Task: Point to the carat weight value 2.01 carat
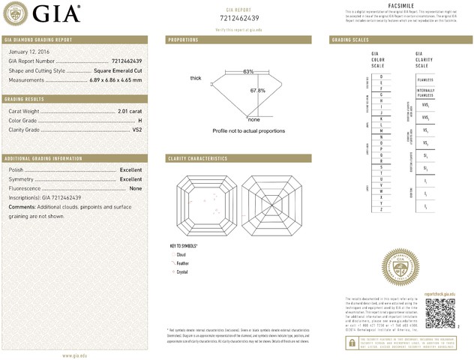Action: pyautogui.click(x=130, y=111)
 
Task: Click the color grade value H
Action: pyautogui.click(x=139, y=120)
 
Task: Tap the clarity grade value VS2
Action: pyautogui.click(x=137, y=130)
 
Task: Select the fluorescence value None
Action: pyautogui.click(x=135, y=189)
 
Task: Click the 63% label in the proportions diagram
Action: pyautogui.click(x=248, y=71)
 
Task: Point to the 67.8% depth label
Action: pyautogui.click(x=257, y=91)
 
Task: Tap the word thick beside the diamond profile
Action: pyautogui.click(x=196, y=78)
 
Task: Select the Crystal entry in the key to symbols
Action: pyautogui.click(x=182, y=271)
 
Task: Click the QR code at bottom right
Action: pyautogui.click(x=440, y=312)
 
